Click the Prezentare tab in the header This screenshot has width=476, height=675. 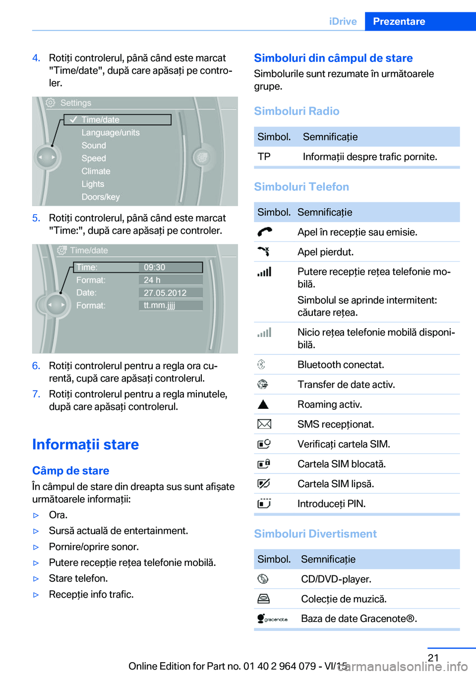tap(399, 21)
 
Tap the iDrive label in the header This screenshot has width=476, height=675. tap(343, 21)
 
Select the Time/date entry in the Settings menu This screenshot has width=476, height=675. tap(101, 119)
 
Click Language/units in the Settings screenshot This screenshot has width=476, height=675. tap(111, 132)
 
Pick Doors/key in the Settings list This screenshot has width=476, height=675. tap(101, 197)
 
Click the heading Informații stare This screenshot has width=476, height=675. tap(85, 444)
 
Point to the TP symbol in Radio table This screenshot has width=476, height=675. tap(264, 157)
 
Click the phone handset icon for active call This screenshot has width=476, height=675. tap(264, 231)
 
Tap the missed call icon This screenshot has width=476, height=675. tap(264, 251)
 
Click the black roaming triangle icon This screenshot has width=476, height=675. tap(263, 404)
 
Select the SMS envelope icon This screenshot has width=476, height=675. tap(264, 424)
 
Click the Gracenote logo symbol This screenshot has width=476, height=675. tap(272, 619)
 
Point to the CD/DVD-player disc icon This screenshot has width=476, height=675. tap(263, 579)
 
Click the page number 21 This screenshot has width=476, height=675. tap(433, 658)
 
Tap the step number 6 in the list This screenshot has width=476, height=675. tap(36, 366)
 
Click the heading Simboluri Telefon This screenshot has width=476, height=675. tap(301, 187)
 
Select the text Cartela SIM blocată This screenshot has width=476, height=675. tap(341, 464)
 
